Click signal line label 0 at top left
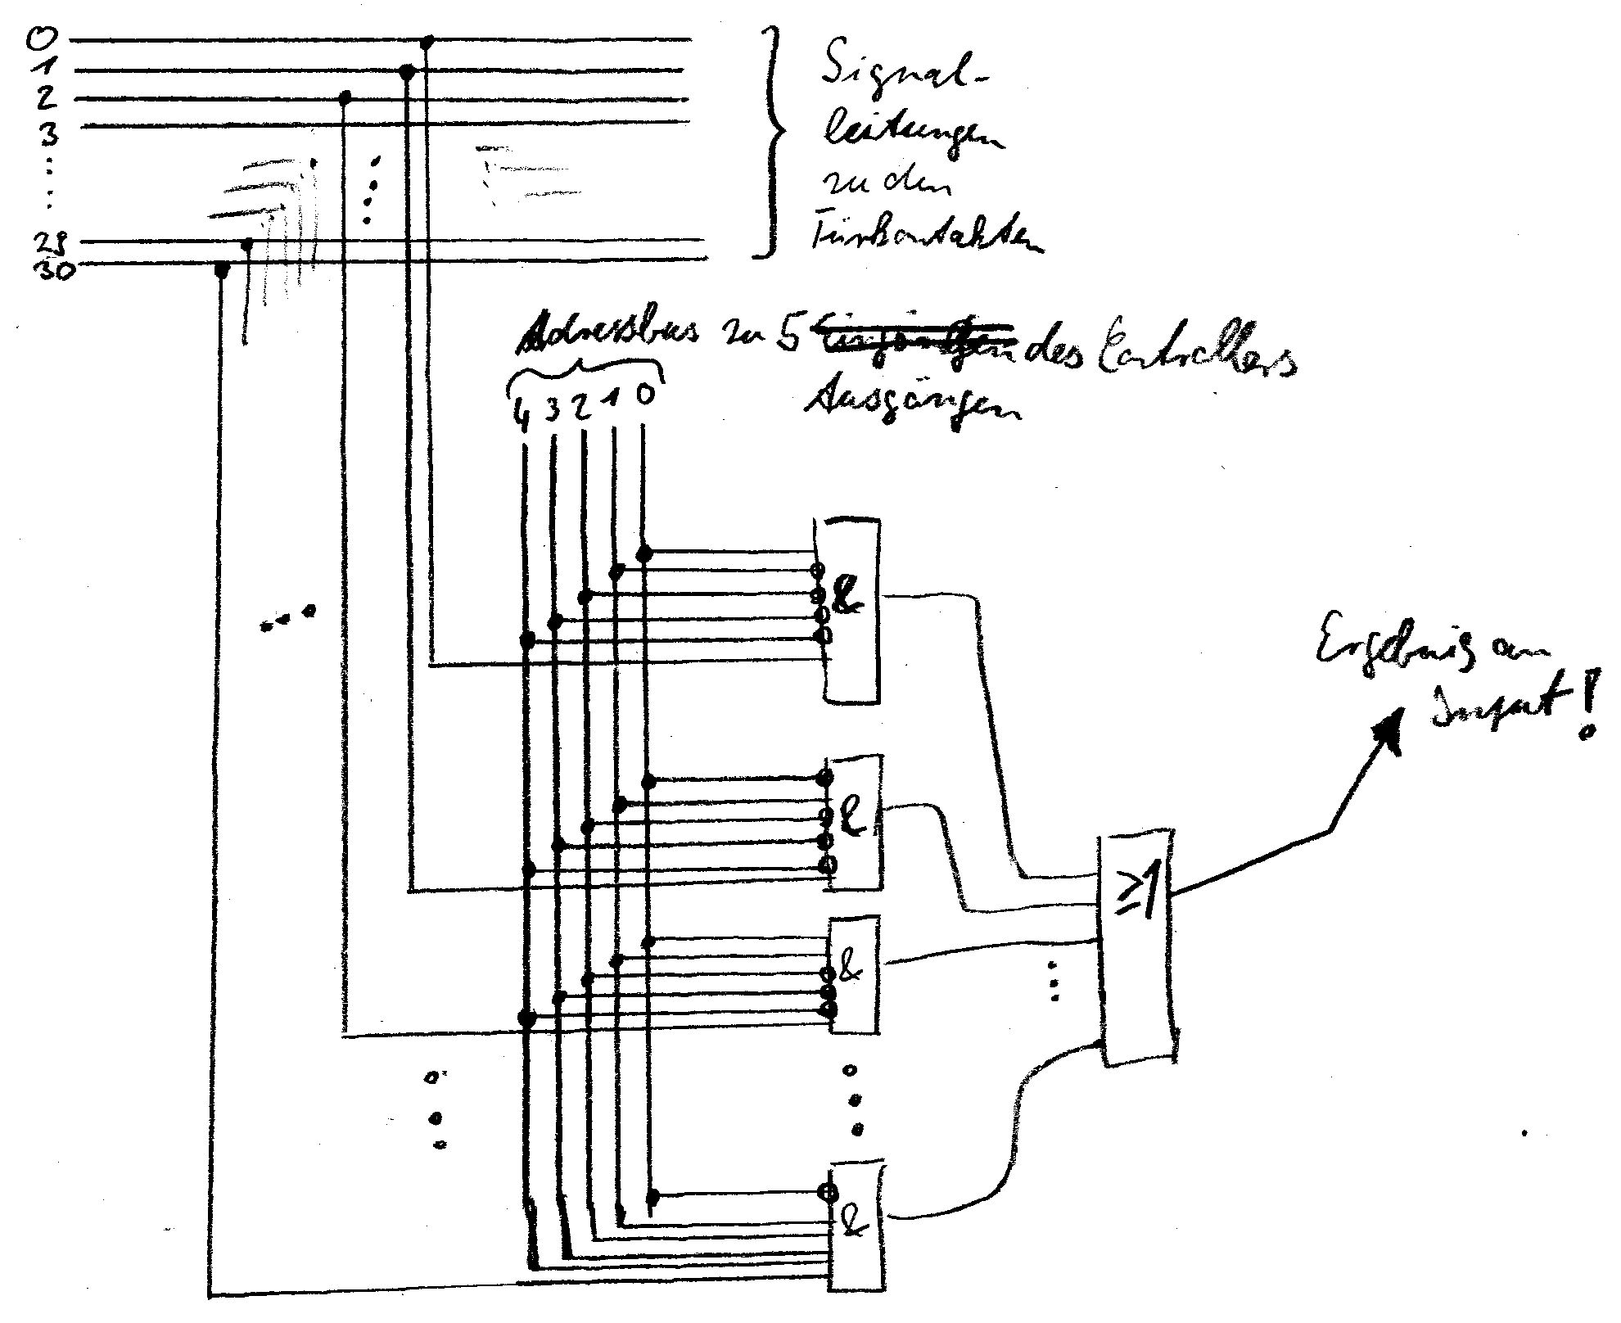36,38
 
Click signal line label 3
49,132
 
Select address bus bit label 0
644,395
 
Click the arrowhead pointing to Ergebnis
1389,726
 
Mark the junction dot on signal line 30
220,269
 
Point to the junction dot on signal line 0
428,41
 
